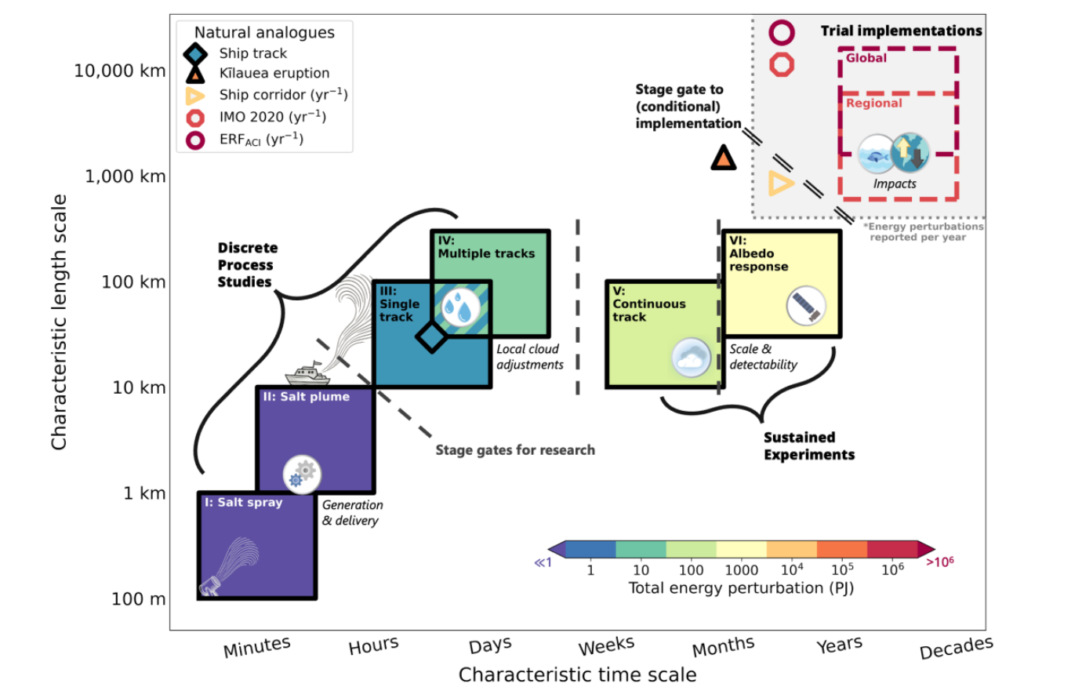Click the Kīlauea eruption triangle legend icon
point(194,74)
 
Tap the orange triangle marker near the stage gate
point(723,158)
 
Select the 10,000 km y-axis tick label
point(119,71)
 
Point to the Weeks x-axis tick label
point(606,646)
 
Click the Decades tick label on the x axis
point(956,648)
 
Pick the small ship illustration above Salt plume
point(307,373)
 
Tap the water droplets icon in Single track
point(460,307)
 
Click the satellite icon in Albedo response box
point(806,306)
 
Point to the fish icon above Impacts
point(876,154)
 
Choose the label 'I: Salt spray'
point(243,503)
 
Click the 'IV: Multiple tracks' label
point(485,248)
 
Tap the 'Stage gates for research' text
point(515,450)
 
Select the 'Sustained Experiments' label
point(808,446)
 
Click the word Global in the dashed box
point(866,58)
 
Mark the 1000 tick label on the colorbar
point(741,570)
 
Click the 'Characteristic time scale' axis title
point(577,674)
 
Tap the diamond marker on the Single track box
point(432,336)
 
